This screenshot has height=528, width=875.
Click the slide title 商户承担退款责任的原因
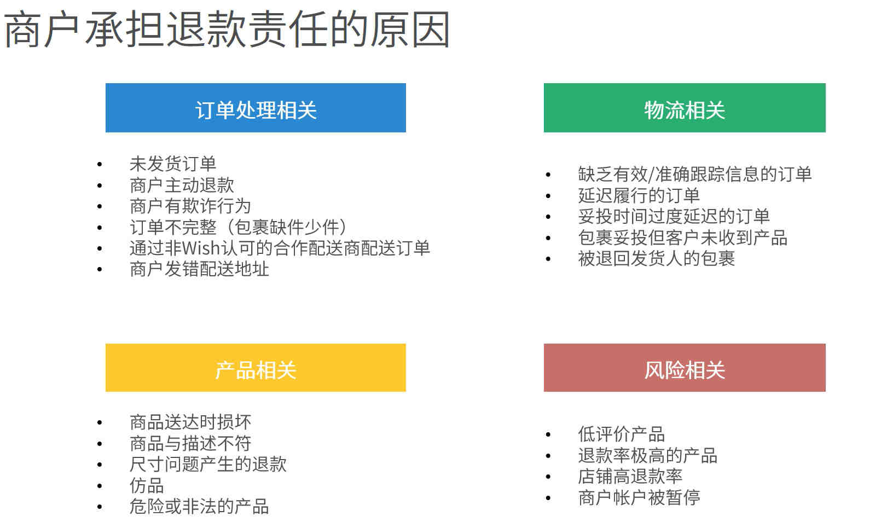227,30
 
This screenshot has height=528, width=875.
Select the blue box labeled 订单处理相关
256,108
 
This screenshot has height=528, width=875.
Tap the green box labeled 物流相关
685,108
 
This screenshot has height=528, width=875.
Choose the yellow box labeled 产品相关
256,368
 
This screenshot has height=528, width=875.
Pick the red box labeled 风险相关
685,368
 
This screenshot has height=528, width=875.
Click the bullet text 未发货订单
173,164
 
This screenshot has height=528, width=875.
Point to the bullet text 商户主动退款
182,185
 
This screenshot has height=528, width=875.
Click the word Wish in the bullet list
201,248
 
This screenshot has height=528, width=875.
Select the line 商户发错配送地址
199,269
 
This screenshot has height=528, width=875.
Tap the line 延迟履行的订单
639,195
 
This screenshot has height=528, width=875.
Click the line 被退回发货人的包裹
656,259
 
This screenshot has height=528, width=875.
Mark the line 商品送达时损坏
190,422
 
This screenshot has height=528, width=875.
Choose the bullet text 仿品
147,485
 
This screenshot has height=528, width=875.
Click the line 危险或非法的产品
199,507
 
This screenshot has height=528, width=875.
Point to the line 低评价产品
621,434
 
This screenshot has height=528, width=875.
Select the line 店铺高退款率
630,477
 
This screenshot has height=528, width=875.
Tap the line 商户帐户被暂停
639,497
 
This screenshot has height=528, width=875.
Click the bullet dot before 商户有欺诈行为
100,206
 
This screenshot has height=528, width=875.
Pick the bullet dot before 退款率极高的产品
548,456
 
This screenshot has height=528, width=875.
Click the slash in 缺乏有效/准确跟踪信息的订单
651,174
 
